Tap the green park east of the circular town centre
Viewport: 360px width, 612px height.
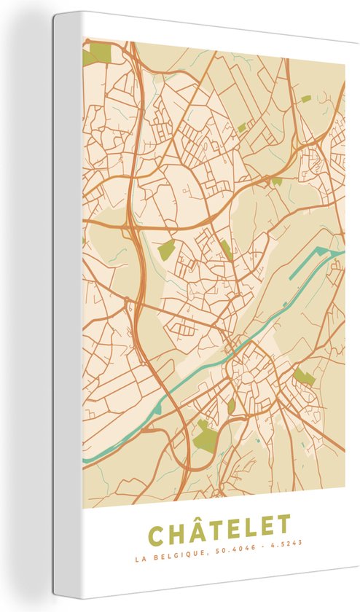305,377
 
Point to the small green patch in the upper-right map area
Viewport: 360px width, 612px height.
305,98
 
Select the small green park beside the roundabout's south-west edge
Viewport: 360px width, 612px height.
231,406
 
